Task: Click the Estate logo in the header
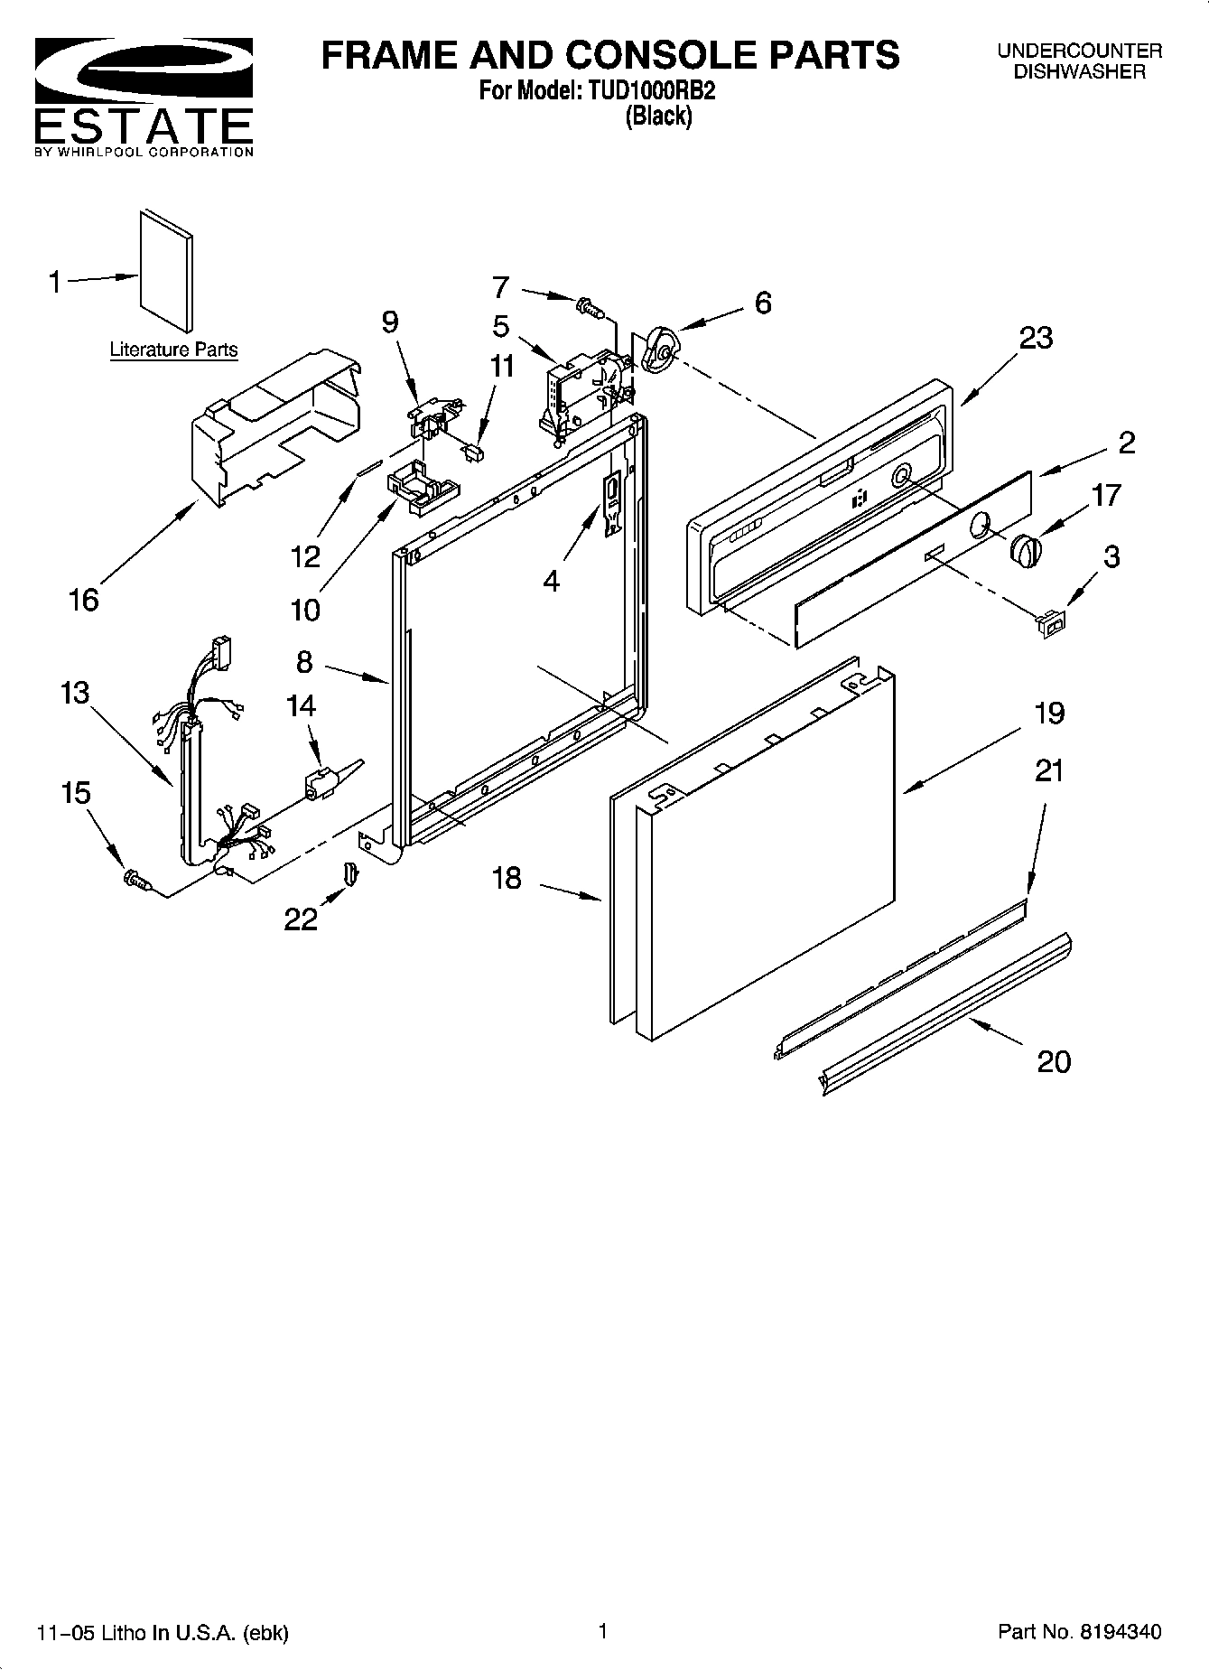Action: click(144, 96)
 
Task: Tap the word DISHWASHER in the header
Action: click(1079, 72)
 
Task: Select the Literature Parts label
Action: click(173, 350)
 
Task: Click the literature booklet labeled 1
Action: click(166, 271)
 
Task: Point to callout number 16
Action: click(84, 599)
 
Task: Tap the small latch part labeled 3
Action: click(1051, 623)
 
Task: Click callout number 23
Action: click(1036, 338)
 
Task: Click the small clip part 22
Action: click(350, 874)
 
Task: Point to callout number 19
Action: click(1048, 713)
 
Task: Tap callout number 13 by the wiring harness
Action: click(75, 693)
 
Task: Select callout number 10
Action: click(305, 610)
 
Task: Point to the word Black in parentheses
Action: click(659, 116)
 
